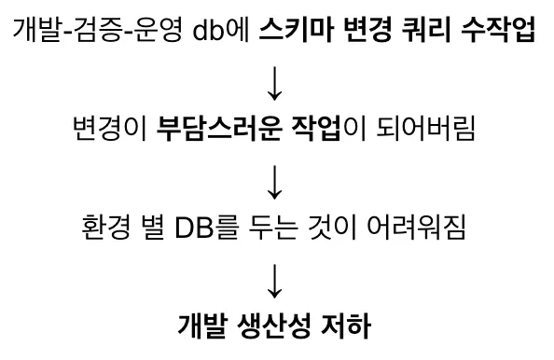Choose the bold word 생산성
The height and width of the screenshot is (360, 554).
tap(274, 325)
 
